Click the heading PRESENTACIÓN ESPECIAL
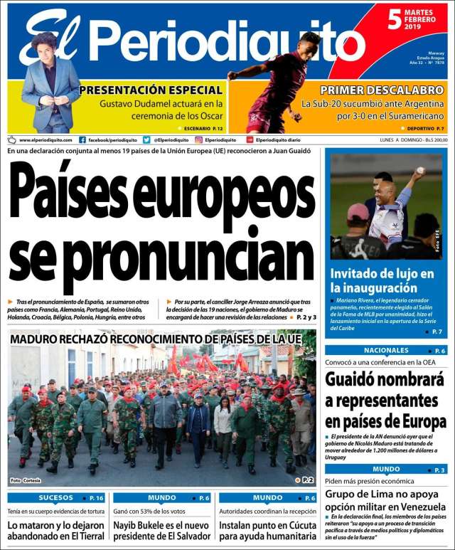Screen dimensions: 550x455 click(x=151, y=90)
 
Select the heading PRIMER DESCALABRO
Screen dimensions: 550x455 click(x=381, y=90)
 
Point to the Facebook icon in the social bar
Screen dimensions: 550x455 click(x=82, y=140)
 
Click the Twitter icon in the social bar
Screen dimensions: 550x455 click(x=146, y=140)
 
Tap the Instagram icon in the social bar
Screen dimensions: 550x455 click(x=199, y=140)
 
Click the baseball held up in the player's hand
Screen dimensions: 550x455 click(x=421, y=171)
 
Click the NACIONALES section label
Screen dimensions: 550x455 click(x=386, y=351)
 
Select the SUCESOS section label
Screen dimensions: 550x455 click(x=55, y=498)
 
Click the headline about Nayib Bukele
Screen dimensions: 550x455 click(x=164, y=531)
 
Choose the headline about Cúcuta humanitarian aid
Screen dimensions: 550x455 click(x=267, y=531)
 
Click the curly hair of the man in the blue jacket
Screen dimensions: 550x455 click(x=44, y=40)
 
